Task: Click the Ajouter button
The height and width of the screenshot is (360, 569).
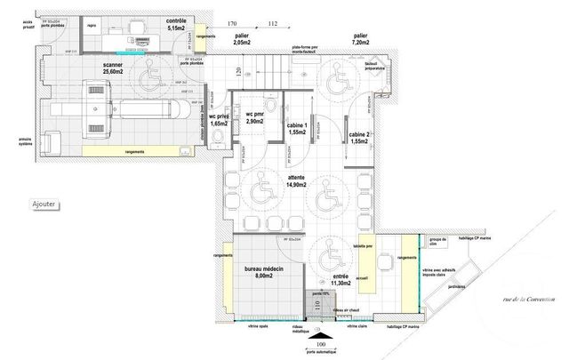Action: click(x=44, y=204)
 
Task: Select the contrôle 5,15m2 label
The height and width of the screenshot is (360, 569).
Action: click(x=178, y=27)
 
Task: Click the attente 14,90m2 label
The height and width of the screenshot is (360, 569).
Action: click(x=295, y=182)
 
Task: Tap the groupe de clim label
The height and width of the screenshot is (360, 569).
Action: click(x=437, y=242)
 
